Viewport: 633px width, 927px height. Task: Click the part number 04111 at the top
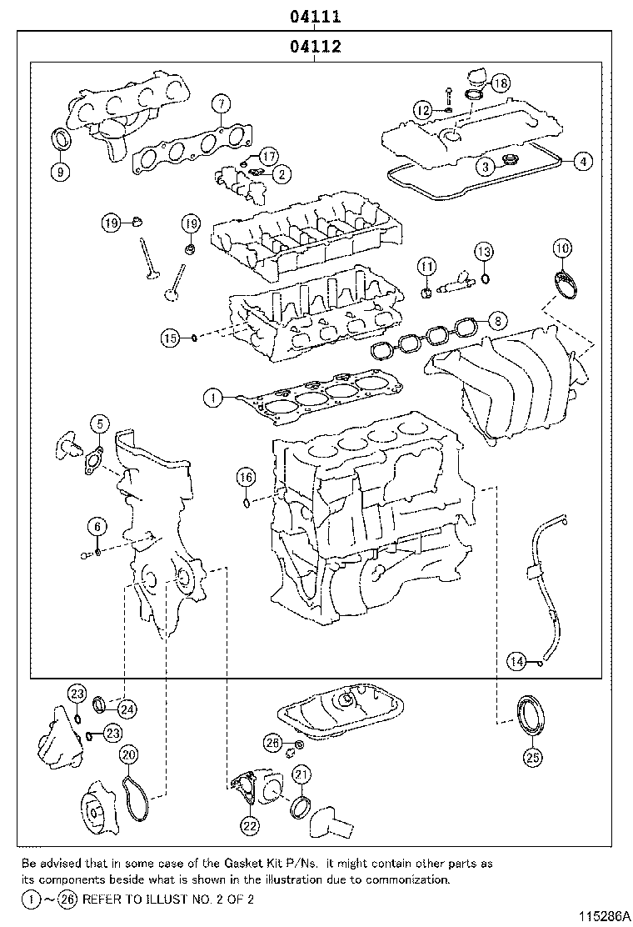(x=316, y=16)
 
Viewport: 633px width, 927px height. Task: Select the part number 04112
(x=316, y=48)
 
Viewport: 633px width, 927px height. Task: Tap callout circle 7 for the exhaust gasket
(x=220, y=104)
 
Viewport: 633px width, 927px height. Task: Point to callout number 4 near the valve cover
(x=583, y=162)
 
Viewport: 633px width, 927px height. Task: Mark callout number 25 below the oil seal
(x=532, y=757)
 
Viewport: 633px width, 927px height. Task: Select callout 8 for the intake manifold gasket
(x=496, y=319)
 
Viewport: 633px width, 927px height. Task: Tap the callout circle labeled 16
(x=245, y=477)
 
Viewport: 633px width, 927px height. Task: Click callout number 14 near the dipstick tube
(x=518, y=662)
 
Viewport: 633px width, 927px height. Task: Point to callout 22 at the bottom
(x=250, y=825)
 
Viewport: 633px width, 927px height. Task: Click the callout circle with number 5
(x=98, y=425)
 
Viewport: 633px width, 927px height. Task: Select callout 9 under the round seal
(x=60, y=172)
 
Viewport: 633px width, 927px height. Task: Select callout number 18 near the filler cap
(x=500, y=83)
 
